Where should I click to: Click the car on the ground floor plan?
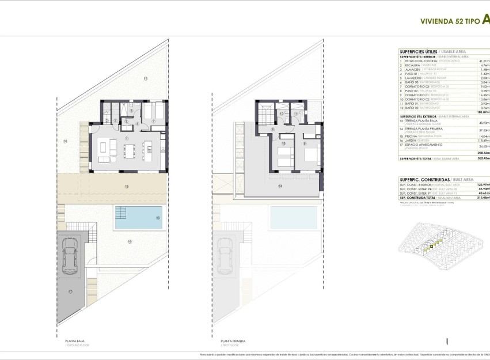[x=71, y=254]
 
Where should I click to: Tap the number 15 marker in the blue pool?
[x=158, y=218]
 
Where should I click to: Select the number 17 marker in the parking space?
[x=70, y=292]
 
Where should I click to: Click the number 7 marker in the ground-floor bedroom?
[x=154, y=122]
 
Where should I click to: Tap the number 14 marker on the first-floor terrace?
[x=280, y=186]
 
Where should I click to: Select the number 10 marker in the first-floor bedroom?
[x=283, y=144]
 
